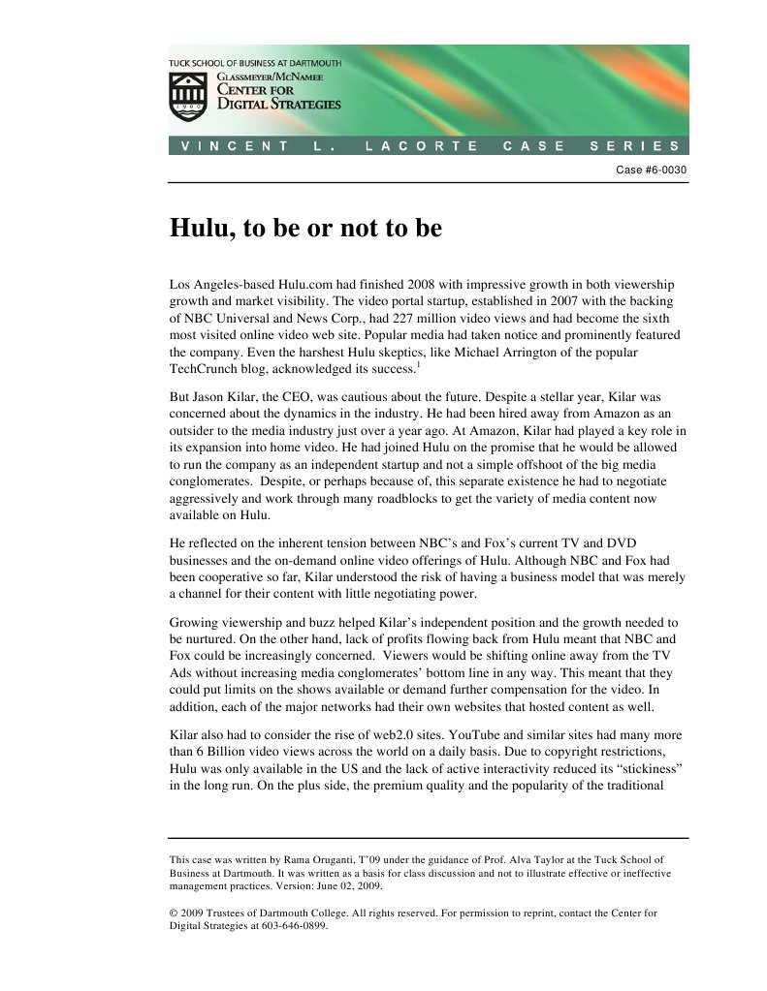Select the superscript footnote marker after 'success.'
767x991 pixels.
coord(418,365)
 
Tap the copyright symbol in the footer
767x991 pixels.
coord(174,913)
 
